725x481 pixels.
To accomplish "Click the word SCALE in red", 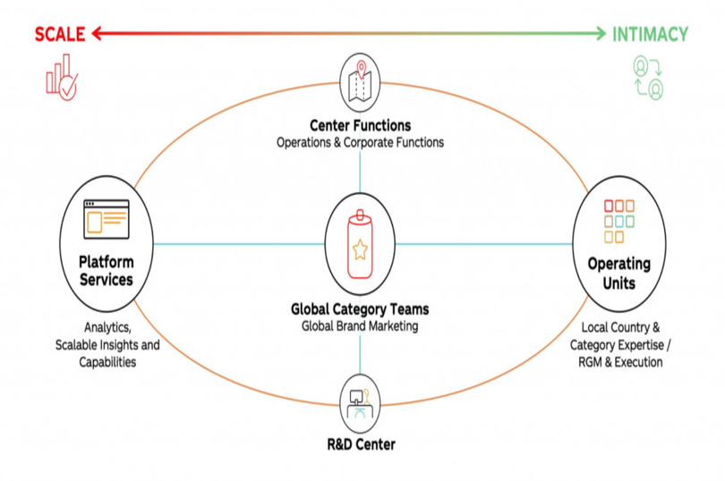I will pyautogui.click(x=59, y=35).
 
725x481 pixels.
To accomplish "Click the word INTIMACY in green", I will pyautogui.click(x=650, y=35).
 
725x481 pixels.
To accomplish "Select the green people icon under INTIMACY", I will pyautogui.click(x=648, y=78).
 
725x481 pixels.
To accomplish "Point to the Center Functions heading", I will pyautogui.click(x=360, y=125).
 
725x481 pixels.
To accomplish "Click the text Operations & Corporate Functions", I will pyautogui.click(x=360, y=142).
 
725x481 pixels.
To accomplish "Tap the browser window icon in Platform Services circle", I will pyautogui.click(x=107, y=218).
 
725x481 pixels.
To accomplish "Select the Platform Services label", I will pyautogui.click(x=106, y=271).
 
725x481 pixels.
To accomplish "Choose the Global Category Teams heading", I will pyautogui.click(x=360, y=309).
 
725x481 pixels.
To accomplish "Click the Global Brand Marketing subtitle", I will pyautogui.click(x=360, y=326).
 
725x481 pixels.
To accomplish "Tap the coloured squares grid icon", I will pyautogui.click(x=618, y=221).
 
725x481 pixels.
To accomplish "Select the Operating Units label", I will pyautogui.click(x=618, y=273).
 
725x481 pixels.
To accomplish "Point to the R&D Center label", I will pyautogui.click(x=360, y=444).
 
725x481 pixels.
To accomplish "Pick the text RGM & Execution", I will pyautogui.click(x=621, y=362).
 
